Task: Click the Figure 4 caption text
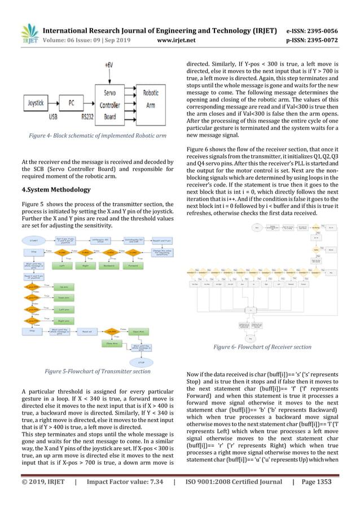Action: click(x=98, y=136)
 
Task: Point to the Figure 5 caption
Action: click(x=98, y=371)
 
